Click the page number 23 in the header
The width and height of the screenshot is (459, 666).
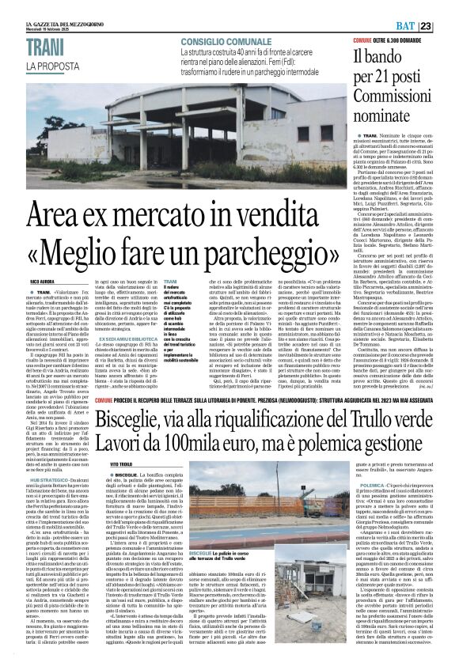click(447, 7)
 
